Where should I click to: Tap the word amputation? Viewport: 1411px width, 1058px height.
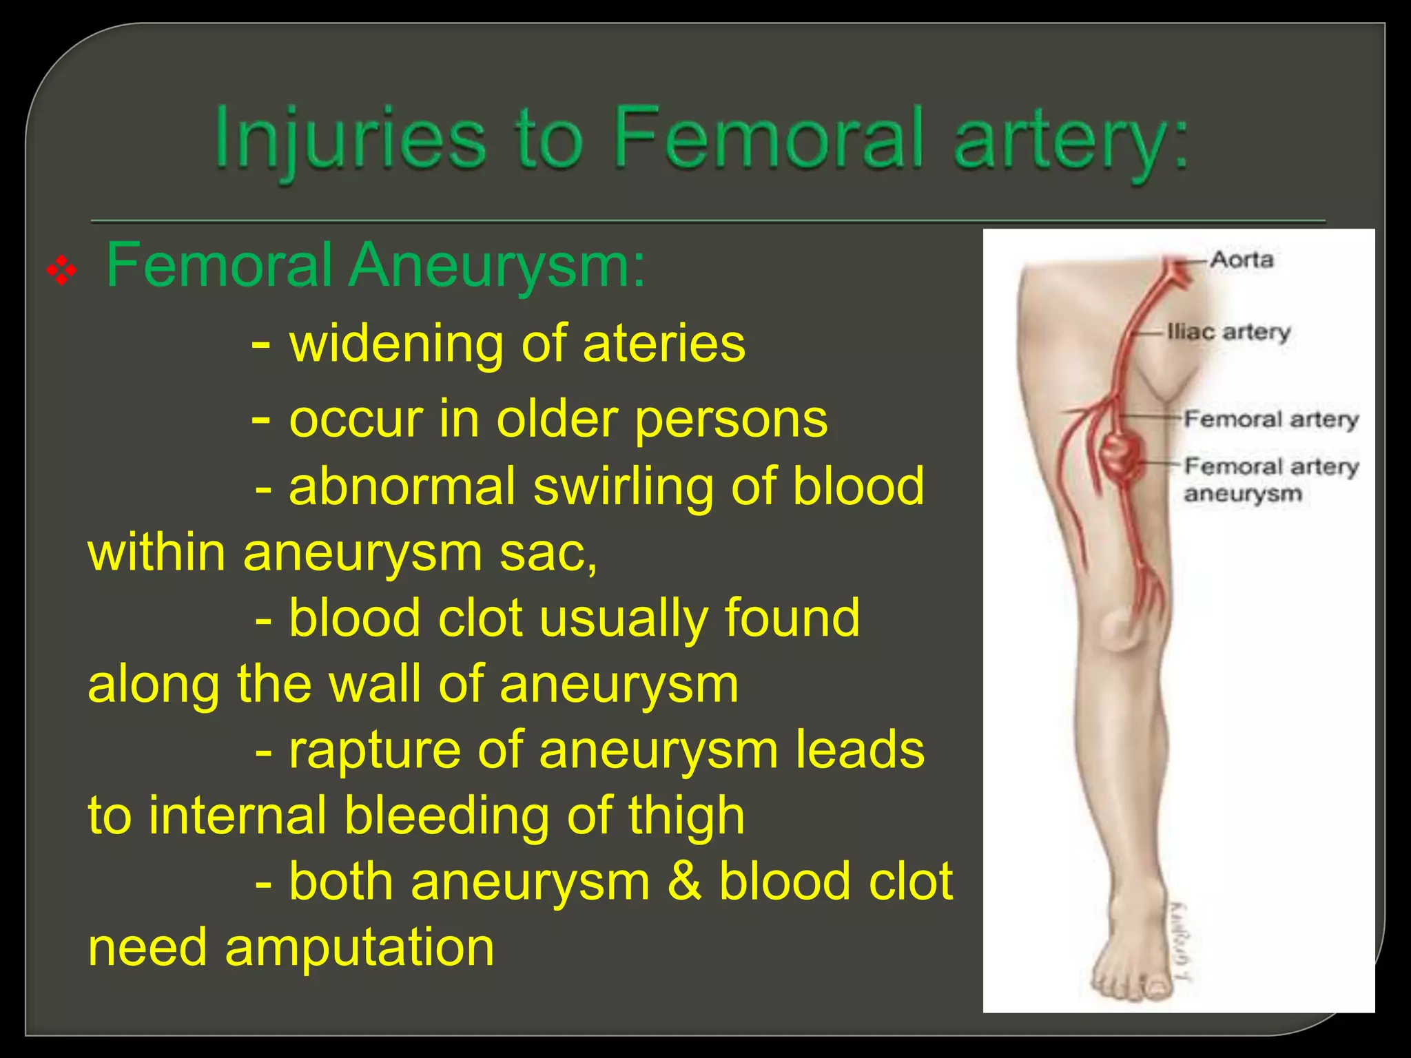pyautogui.click(x=359, y=948)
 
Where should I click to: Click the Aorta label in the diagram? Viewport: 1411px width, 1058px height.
pyautogui.click(x=1241, y=260)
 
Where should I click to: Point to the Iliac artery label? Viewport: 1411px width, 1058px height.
pyautogui.click(x=1228, y=332)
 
